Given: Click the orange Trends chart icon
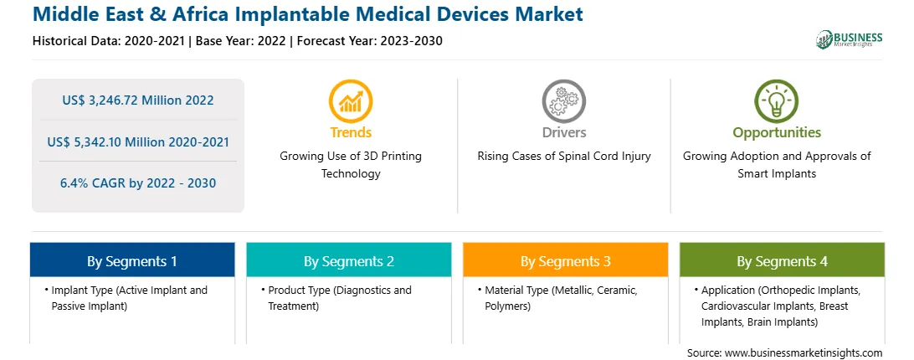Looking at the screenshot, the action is click(x=351, y=101).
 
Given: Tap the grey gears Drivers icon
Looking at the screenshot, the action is click(x=563, y=101).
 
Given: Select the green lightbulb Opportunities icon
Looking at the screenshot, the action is click(x=777, y=101).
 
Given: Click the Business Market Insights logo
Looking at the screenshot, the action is click(x=849, y=39).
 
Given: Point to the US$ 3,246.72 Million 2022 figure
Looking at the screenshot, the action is click(x=138, y=100).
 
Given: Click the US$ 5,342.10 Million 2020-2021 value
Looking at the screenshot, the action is click(x=138, y=141).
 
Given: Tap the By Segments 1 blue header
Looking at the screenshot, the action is click(x=132, y=260).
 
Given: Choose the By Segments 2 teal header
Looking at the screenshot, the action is click(x=348, y=260).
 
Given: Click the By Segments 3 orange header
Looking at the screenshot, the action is click(x=566, y=260).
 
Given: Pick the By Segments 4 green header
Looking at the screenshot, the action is click(x=783, y=260).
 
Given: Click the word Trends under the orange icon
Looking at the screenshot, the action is click(x=351, y=132).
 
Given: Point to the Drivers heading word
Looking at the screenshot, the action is click(x=564, y=132).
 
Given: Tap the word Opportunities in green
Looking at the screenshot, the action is click(x=777, y=133).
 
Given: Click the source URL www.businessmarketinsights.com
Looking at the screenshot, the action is click(x=804, y=353).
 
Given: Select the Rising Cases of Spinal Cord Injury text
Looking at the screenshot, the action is click(x=564, y=157).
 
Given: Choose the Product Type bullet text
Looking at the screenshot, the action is click(x=340, y=298).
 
